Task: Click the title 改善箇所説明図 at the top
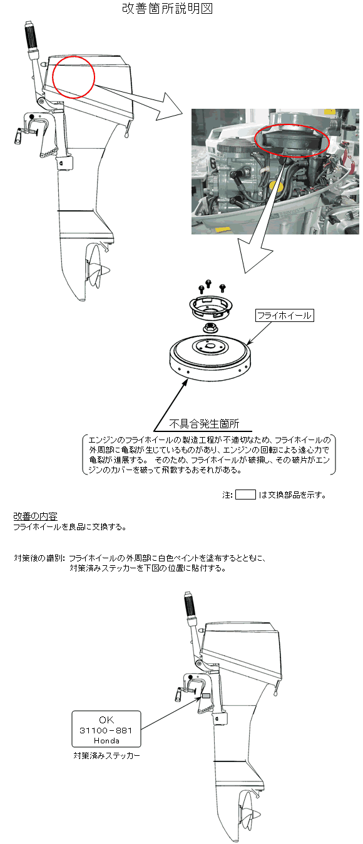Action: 168,9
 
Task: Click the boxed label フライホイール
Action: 285,315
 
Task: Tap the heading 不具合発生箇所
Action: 204,424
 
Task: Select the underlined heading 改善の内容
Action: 36,516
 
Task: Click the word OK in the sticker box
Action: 106,720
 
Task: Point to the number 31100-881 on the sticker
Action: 106,730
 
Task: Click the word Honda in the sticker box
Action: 107,740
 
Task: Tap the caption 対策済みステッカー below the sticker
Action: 107,755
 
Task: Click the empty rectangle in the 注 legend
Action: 245,495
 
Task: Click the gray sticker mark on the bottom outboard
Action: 206,696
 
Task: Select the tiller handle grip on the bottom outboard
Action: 190,605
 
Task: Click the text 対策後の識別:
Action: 39,558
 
